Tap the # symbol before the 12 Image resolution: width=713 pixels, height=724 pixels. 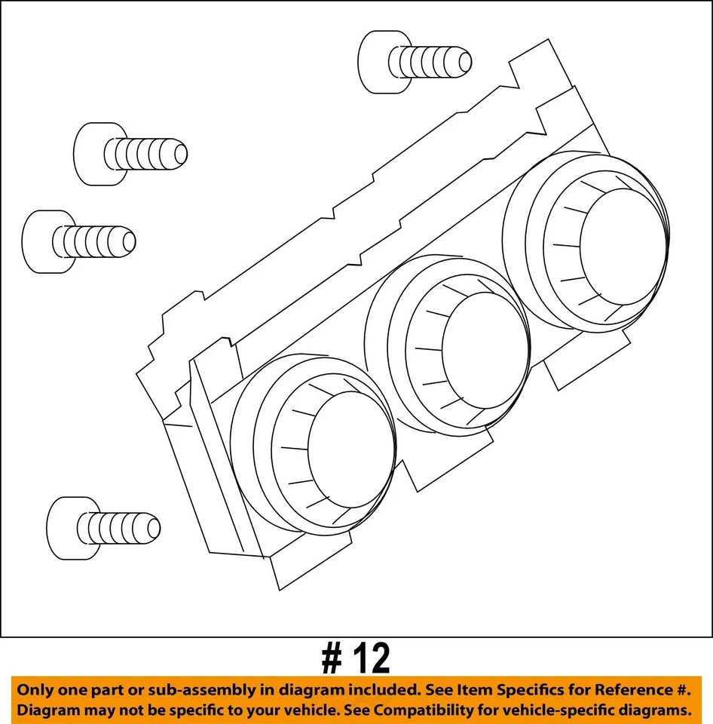(x=332, y=660)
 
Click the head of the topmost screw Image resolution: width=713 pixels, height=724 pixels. (x=375, y=62)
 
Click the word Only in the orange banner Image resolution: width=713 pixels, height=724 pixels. (x=37, y=690)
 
